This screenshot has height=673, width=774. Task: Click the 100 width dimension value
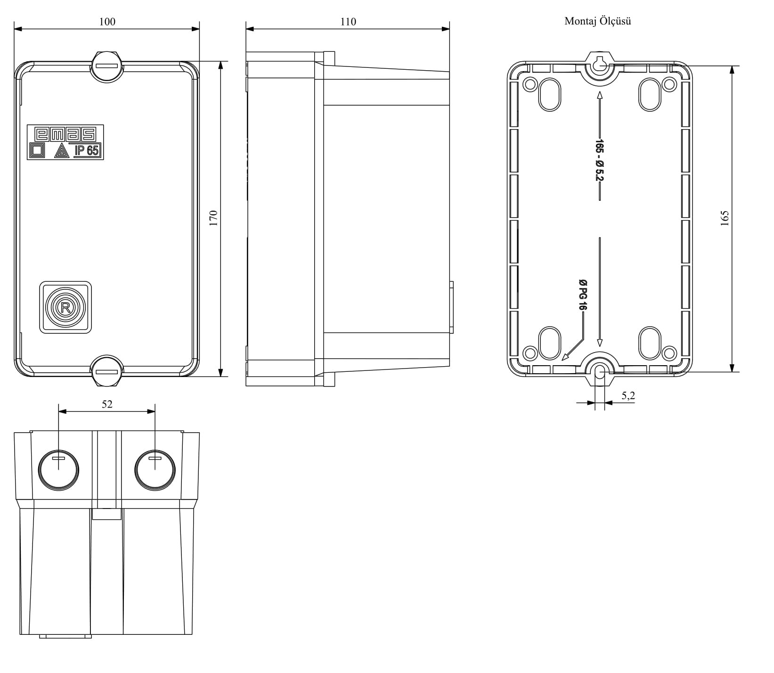(107, 21)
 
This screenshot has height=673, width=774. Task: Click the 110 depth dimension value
(348, 21)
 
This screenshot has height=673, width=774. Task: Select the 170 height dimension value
(213, 219)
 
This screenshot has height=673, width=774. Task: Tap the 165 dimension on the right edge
(724, 219)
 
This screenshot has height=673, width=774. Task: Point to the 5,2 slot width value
(628, 396)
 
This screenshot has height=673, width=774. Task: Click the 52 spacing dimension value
(107, 404)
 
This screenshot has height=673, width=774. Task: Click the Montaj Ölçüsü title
(597, 21)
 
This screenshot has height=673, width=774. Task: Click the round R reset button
(65, 308)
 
